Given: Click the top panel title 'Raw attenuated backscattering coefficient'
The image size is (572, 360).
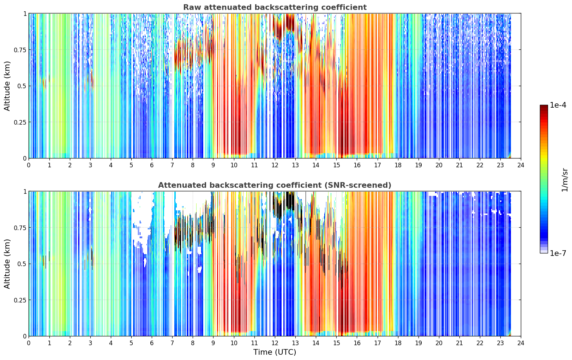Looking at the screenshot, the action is pyautogui.click(x=275, y=7).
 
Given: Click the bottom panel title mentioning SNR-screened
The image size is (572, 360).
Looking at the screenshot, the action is pyautogui.click(x=275, y=185).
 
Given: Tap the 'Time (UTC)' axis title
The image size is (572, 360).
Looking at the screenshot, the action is pyautogui.click(x=275, y=352).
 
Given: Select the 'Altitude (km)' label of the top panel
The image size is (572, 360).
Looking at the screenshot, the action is pyautogui.click(x=7, y=86).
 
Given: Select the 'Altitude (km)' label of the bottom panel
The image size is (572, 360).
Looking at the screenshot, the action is pyautogui.click(x=7, y=264).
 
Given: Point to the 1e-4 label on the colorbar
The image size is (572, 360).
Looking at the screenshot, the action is pyautogui.click(x=558, y=105).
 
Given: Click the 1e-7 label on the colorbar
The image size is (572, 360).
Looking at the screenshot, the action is pyautogui.click(x=558, y=253).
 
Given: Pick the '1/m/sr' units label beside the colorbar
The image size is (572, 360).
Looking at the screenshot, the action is pyautogui.click(x=565, y=180).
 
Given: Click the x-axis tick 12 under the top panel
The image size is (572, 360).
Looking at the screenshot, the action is pyautogui.click(x=275, y=165).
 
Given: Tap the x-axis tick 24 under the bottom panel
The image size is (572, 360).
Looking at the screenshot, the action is pyautogui.click(x=521, y=343).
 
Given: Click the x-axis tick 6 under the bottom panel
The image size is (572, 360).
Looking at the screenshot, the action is pyautogui.click(x=152, y=343).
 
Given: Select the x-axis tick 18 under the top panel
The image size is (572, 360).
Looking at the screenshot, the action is pyautogui.click(x=398, y=165).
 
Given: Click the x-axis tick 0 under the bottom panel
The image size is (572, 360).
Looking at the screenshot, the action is pyautogui.click(x=29, y=343).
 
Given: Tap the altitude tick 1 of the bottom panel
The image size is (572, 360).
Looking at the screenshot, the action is pyautogui.click(x=25, y=192).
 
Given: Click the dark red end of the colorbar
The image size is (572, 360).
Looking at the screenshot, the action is pyautogui.click(x=544, y=106).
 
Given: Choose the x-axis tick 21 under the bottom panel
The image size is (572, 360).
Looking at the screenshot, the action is pyautogui.click(x=459, y=343).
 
